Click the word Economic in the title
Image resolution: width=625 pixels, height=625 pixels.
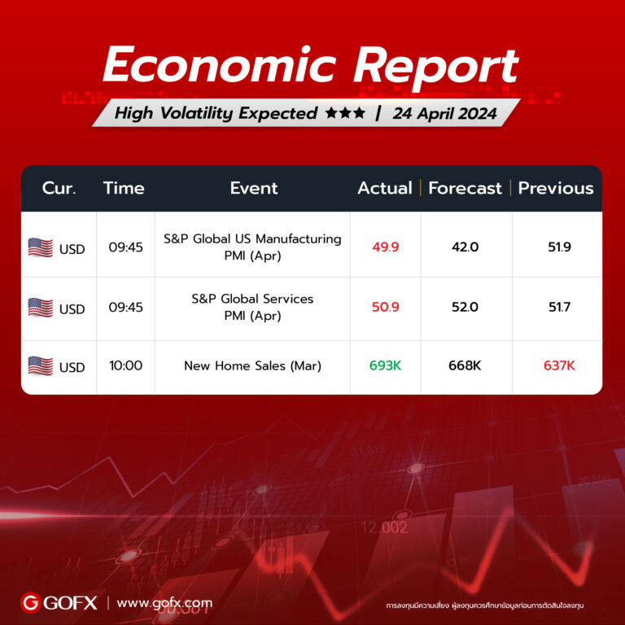(220, 63)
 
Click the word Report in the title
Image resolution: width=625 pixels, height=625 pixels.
(436, 68)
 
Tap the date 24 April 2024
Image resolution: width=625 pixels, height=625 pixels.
(445, 114)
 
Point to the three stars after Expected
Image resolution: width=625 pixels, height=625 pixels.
(345, 113)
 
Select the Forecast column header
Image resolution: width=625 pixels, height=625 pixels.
(465, 188)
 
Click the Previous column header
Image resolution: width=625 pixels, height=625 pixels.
(556, 188)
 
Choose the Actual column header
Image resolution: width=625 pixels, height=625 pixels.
(385, 188)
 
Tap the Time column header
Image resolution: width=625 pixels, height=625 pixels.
(124, 188)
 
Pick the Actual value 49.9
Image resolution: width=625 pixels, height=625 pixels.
(386, 247)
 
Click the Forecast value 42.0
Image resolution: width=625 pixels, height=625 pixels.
(465, 247)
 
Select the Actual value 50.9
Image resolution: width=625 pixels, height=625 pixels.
(386, 307)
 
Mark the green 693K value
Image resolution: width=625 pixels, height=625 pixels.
(385, 365)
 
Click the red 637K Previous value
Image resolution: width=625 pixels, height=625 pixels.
(559, 365)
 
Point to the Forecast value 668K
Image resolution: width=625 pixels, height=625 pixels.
(465, 365)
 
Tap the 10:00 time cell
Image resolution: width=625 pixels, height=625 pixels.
(125, 365)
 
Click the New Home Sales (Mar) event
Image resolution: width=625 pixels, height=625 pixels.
(253, 366)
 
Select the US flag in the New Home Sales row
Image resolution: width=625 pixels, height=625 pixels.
(40, 366)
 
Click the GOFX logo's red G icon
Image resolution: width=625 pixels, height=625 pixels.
(30, 603)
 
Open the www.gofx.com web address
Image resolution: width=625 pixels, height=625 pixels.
(164, 603)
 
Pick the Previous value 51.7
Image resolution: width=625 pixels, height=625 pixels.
(559, 307)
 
